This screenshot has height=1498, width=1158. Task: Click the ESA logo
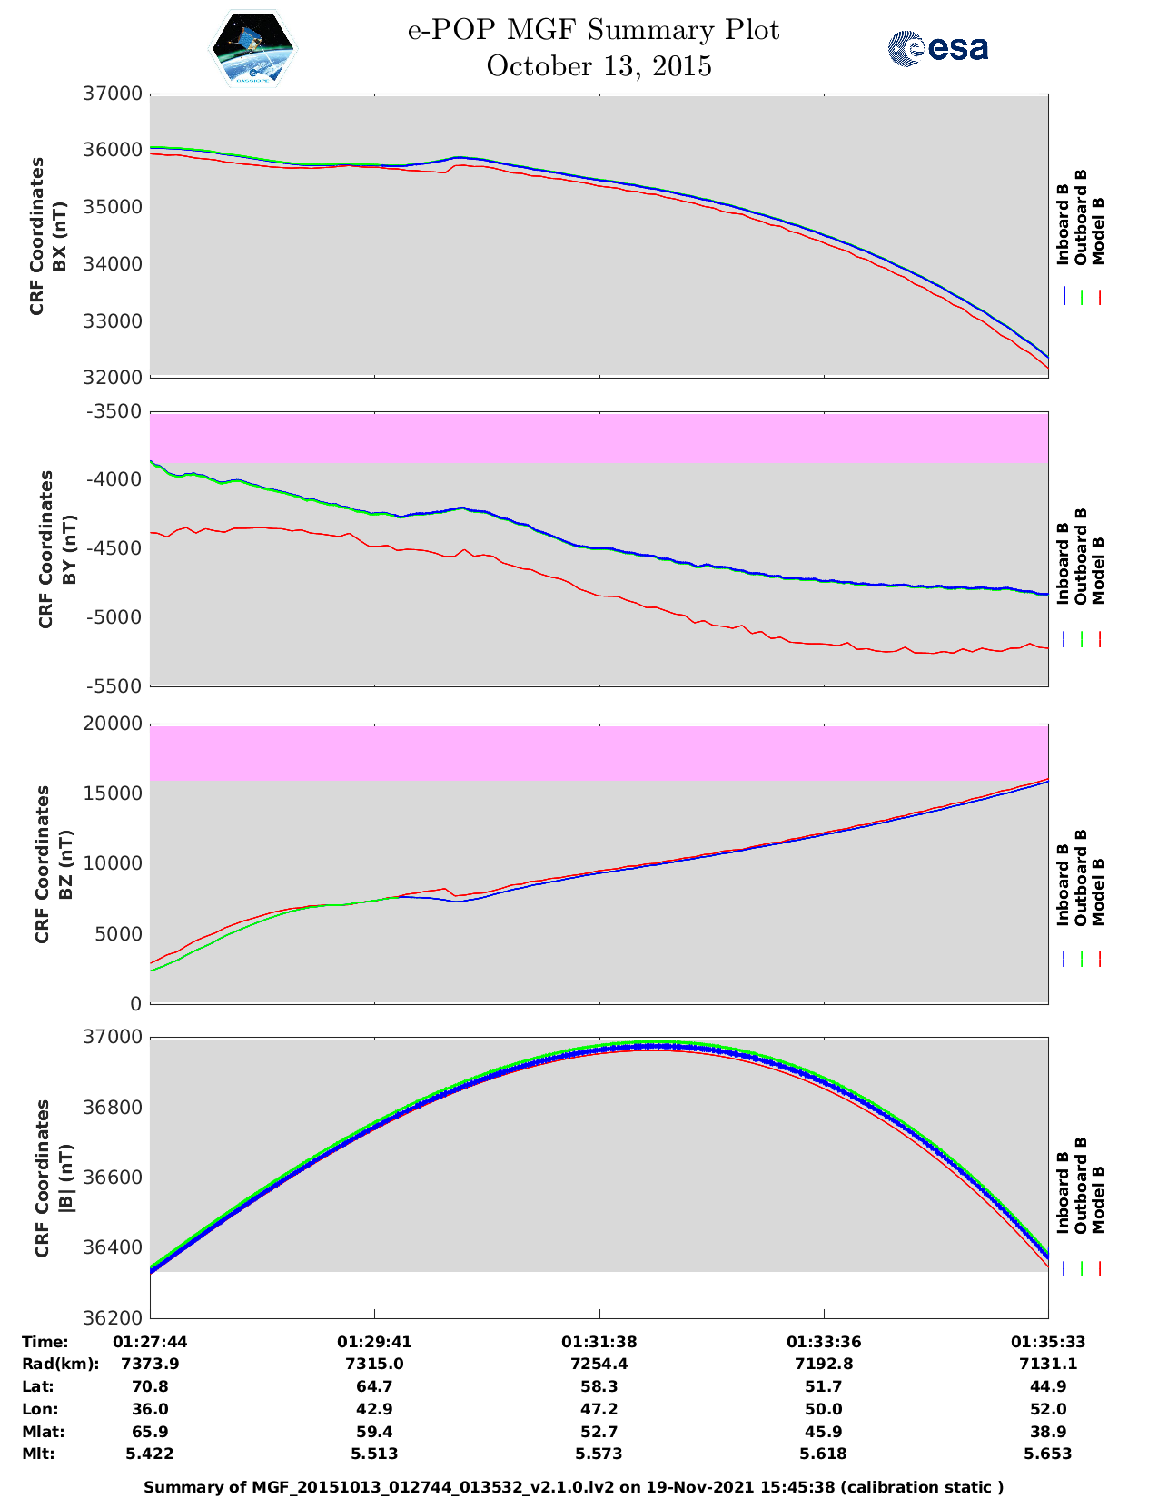[937, 48]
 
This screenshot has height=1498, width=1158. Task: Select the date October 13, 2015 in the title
[599, 66]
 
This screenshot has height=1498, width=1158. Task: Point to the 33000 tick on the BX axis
[114, 321]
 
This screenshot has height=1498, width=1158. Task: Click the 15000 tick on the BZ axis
[114, 793]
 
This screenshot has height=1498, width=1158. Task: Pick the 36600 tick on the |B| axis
[114, 1178]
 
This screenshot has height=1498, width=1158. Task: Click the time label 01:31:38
[599, 1342]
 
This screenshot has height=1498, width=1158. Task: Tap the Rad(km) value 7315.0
[374, 1364]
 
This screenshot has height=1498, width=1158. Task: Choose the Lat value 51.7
[823, 1386]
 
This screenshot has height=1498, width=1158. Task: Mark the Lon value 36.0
[150, 1409]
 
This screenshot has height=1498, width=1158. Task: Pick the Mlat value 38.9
[1048, 1432]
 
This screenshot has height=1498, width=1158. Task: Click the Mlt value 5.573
[599, 1454]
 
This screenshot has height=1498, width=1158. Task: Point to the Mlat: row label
[43, 1432]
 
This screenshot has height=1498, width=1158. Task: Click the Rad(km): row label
[60, 1364]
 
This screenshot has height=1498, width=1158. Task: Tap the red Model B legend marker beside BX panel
[1099, 297]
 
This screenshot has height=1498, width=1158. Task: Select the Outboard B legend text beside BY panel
[1081, 556]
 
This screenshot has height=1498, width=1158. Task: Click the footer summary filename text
[574, 1487]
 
